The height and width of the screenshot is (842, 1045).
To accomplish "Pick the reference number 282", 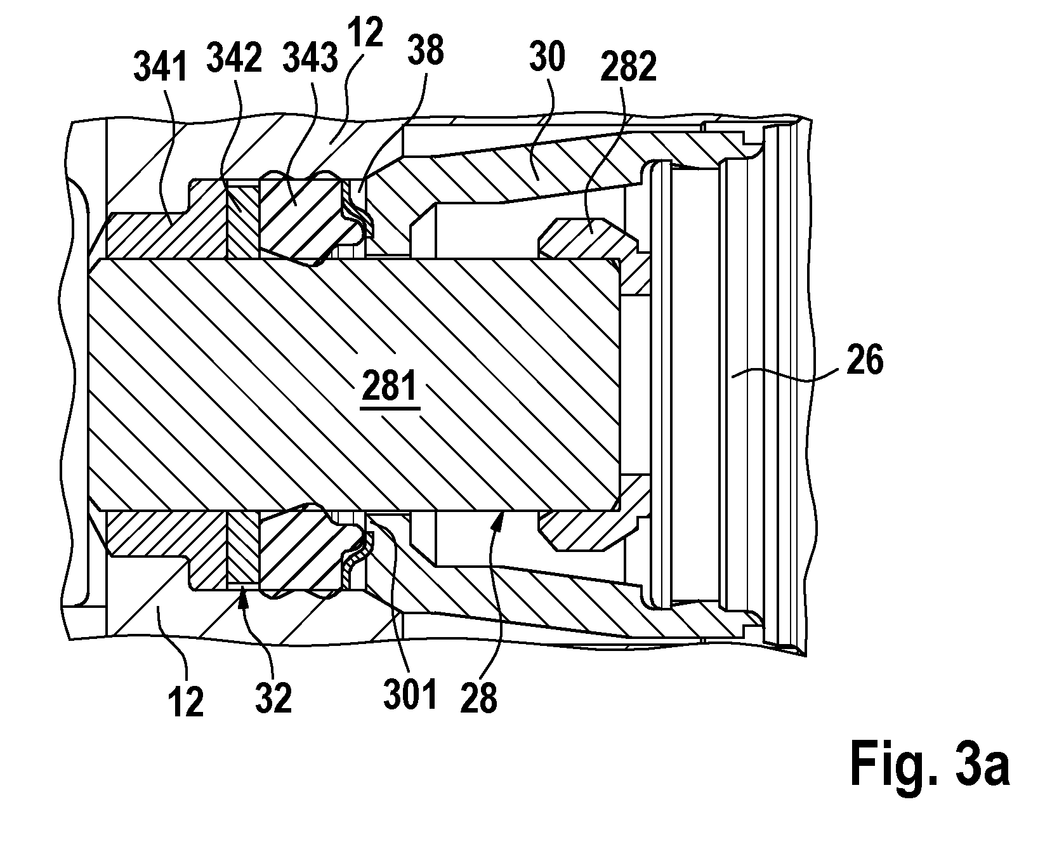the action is [629, 67].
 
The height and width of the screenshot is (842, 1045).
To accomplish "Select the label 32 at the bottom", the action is [274, 698].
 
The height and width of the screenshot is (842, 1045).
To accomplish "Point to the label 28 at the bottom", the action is [480, 698].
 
